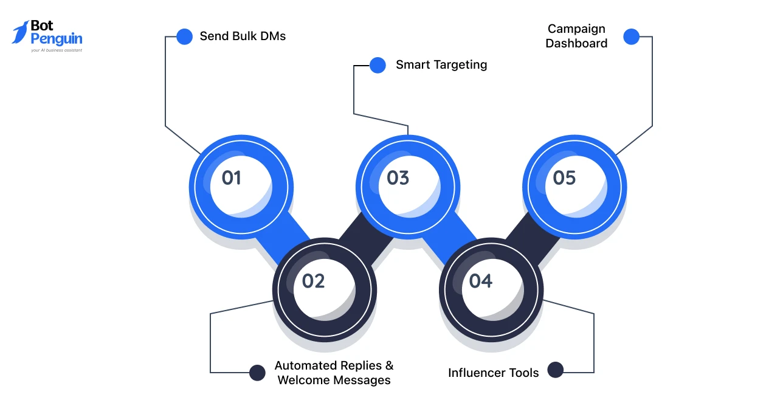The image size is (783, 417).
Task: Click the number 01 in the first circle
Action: [231, 178]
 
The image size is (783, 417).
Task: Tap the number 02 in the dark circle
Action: [314, 281]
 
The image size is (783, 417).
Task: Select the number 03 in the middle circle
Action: [398, 178]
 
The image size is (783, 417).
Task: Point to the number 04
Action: [480, 281]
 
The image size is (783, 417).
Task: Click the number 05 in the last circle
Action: [564, 178]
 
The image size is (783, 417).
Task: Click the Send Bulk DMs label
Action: [243, 36]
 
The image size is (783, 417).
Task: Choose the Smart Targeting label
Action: [441, 64]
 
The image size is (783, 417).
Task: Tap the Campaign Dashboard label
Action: [576, 36]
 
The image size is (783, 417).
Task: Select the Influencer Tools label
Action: [493, 373]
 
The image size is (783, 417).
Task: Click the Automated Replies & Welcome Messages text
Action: [334, 373]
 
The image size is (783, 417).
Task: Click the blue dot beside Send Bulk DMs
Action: [184, 36]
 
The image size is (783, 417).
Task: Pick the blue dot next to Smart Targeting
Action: [378, 65]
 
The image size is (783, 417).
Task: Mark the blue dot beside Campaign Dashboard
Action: [631, 36]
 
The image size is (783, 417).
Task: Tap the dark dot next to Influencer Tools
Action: [555, 370]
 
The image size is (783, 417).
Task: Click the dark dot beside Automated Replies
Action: [258, 373]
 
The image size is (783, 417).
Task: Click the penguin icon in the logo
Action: [21, 32]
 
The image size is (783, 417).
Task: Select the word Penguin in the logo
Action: [56, 40]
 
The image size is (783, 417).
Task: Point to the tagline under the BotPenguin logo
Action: [56, 50]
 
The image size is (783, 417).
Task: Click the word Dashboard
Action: [576, 43]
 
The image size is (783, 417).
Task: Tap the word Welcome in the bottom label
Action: [302, 380]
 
